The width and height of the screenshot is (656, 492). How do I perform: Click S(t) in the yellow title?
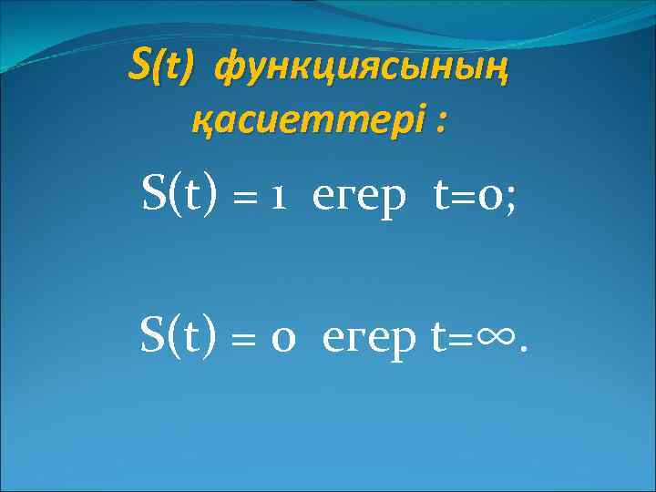[x=162, y=65]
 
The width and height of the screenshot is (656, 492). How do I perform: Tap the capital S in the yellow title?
[x=139, y=64]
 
